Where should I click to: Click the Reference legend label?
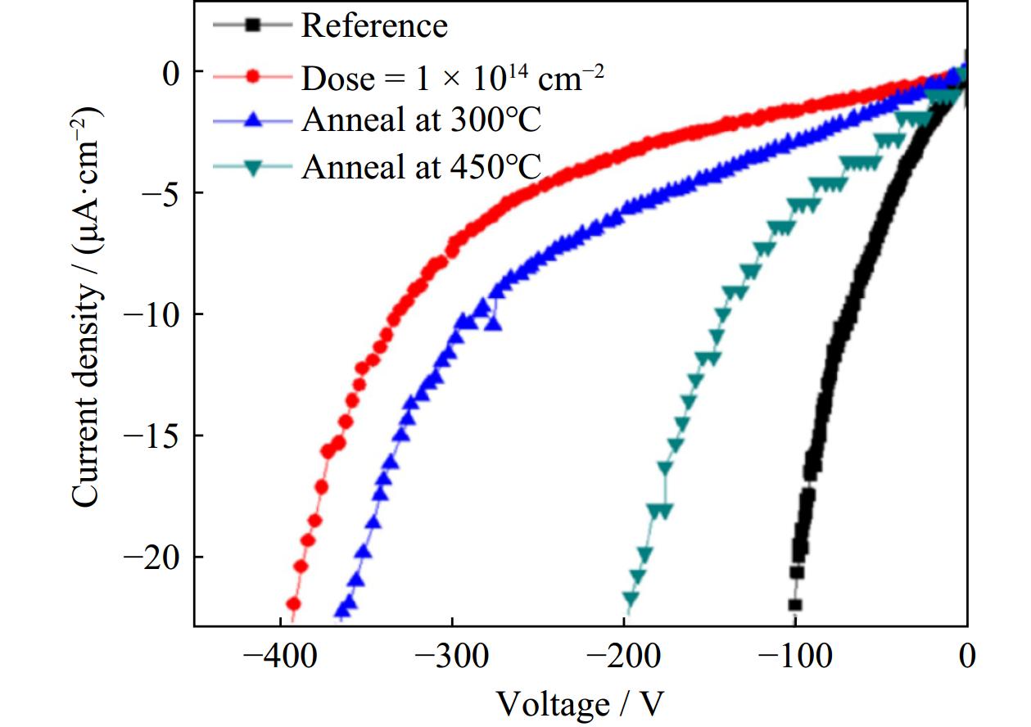(374, 25)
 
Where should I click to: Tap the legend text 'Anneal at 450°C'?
(422, 168)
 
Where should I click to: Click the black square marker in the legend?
(253, 25)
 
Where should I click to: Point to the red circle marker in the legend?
(253, 76)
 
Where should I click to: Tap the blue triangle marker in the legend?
(253, 121)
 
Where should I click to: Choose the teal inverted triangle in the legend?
(253, 168)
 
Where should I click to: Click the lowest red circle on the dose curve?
(292, 604)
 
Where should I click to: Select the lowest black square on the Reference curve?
(794, 605)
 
